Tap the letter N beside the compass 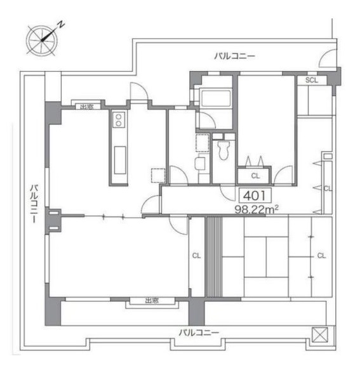[x=62, y=25]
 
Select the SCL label [x=312, y=80]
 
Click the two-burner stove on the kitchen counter [x=118, y=120]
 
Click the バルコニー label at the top [x=234, y=56]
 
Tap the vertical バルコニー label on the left [x=35, y=203]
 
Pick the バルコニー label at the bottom [x=198, y=333]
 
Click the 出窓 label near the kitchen [x=86, y=107]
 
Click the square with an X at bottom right [x=319, y=334]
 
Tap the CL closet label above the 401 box [x=255, y=176]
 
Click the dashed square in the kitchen [x=157, y=175]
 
